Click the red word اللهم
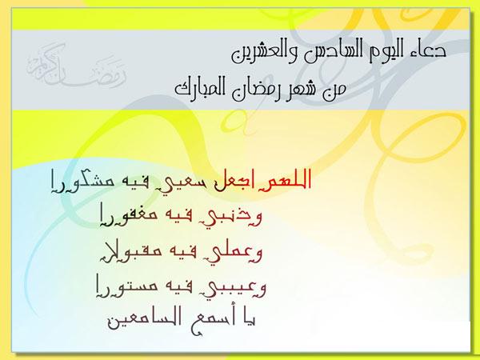point(287,180)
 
